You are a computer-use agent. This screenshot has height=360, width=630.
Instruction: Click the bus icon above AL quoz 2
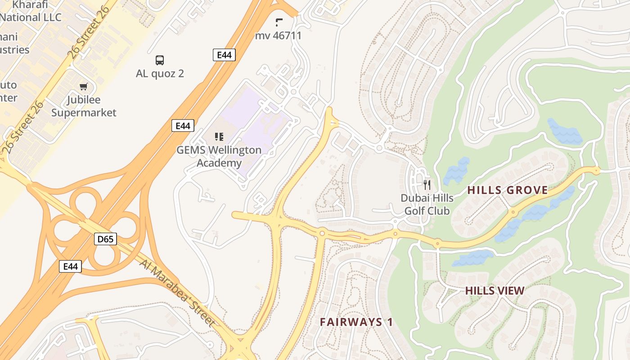(160, 60)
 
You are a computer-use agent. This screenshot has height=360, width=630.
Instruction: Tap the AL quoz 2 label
(160, 73)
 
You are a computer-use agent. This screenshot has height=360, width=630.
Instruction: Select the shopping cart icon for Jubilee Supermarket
(84, 86)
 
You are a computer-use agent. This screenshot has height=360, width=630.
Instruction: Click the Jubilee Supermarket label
(84, 106)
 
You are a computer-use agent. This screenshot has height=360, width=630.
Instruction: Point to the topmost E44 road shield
(224, 55)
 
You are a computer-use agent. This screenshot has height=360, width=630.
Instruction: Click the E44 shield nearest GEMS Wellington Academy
(183, 126)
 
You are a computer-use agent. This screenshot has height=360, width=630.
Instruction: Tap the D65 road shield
(106, 239)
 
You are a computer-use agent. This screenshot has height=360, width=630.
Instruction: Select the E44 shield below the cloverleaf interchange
(71, 266)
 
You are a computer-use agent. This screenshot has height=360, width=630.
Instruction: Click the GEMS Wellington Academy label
(219, 156)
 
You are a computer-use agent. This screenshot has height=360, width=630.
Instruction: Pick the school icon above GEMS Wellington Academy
(219, 136)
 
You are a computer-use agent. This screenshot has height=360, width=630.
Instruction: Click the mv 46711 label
(278, 36)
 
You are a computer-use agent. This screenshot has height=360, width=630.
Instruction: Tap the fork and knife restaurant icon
(427, 184)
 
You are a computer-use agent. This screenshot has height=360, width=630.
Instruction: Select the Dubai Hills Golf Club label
(427, 204)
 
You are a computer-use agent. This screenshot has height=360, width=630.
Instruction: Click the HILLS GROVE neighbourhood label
(508, 190)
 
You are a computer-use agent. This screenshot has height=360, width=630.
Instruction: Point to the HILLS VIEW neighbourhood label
(495, 291)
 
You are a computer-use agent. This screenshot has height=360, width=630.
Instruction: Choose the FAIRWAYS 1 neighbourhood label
(356, 322)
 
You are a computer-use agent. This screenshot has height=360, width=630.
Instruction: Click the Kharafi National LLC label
(31, 11)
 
